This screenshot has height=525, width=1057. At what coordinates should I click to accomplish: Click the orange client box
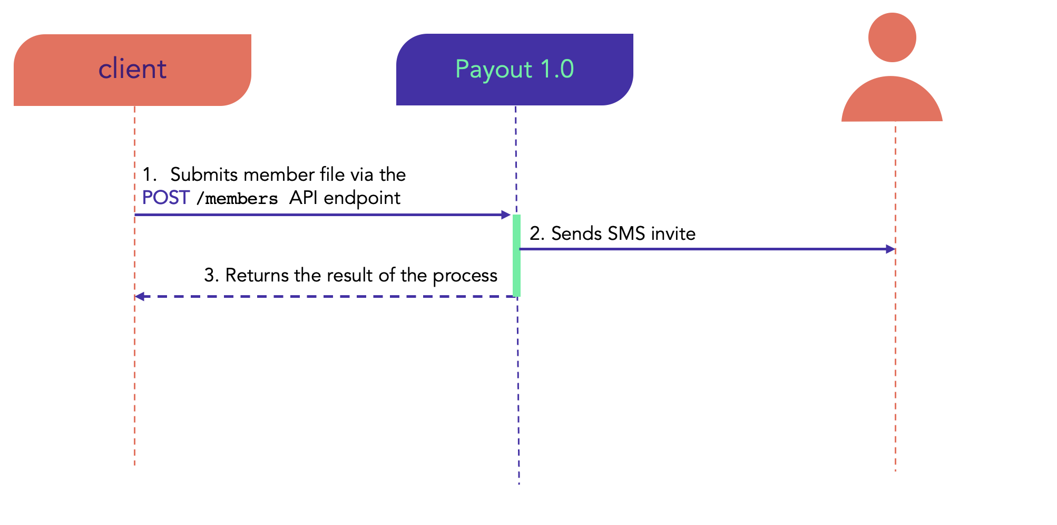(132, 70)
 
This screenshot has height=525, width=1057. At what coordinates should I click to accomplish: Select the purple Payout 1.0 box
(515, 70)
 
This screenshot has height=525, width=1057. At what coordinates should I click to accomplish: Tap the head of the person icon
(892, 37)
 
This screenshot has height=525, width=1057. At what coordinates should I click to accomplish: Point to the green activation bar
(516, 256)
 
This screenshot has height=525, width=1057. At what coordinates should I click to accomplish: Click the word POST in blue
(166, 198)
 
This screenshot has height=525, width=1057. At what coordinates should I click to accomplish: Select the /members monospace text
(237, 199)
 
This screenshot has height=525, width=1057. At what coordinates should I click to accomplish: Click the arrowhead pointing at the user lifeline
(891, 249)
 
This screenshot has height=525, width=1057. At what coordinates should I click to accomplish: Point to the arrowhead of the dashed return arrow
(140, 297)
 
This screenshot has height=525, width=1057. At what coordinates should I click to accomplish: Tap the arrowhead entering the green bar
(506, 215)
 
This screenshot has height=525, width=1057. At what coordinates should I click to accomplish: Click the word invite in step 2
(673, 234)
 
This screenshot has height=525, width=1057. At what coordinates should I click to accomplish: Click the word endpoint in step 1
(362, 198)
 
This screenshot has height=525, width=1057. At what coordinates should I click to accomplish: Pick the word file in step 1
(332, 174)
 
